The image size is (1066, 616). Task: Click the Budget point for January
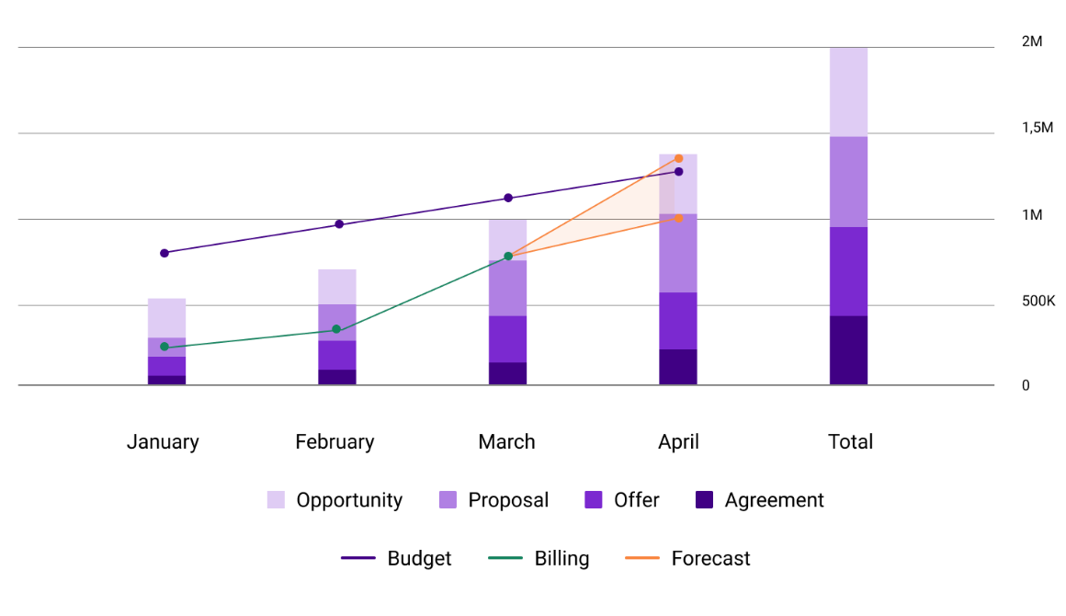pos(164,253)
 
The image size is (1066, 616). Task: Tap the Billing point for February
pos(336,329)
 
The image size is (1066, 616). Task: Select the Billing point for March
pos(508,256)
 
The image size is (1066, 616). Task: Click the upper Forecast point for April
pos(678,158)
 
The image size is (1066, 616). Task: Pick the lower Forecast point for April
pos(678,218)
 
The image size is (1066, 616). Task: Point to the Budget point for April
pos(678,172)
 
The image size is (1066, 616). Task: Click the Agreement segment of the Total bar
pos(848,350)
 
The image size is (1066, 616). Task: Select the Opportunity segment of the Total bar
pos(848,92)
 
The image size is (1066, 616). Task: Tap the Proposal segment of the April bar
pos(678,253)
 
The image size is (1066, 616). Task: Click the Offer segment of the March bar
pos(507,339)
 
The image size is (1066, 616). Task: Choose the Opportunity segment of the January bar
pos(166,318)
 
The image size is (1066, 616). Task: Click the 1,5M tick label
pos(1038,128)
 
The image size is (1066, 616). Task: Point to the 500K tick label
pos(1038,301)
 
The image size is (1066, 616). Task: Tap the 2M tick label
pos(1032,42)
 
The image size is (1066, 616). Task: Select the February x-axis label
pos(335,442)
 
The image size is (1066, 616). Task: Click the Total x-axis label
pos(850,442)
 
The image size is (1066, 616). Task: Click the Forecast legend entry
pos(710,558)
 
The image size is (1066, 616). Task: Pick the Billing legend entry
pos(561,558)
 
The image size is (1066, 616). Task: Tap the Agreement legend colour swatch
pos(704,500)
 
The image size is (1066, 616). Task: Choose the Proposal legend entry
pos(507,500)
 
